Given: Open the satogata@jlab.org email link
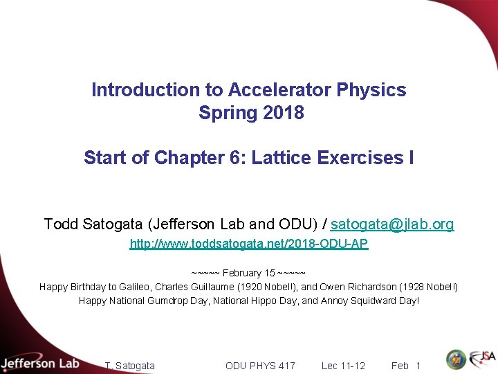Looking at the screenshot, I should coord(392,224).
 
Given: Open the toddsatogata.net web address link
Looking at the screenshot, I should coord(249,244).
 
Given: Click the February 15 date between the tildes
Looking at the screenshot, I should coord(248,273).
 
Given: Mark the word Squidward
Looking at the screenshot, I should coord(375,301).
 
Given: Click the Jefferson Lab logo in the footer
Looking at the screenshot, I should coord(39,363).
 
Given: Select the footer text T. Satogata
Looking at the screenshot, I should coord(129,366).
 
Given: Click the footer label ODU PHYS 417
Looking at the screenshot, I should coord(260,366).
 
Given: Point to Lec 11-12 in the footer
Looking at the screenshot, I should coord(343,366).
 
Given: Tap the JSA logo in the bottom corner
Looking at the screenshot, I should coord(481,359).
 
